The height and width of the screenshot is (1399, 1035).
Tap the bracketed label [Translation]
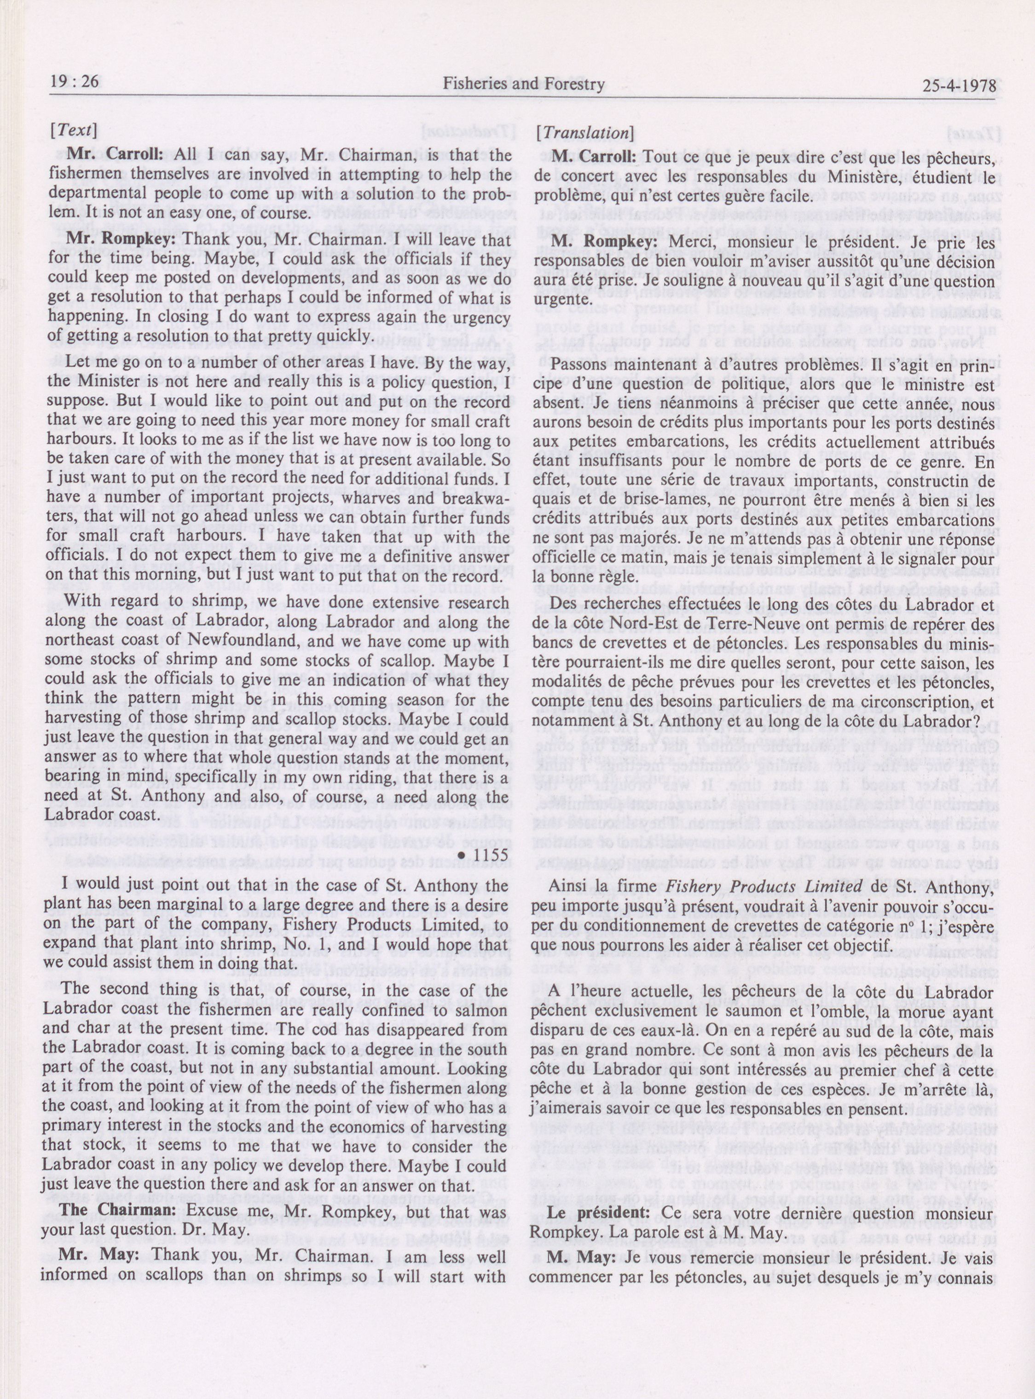[x=584, y=133]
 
